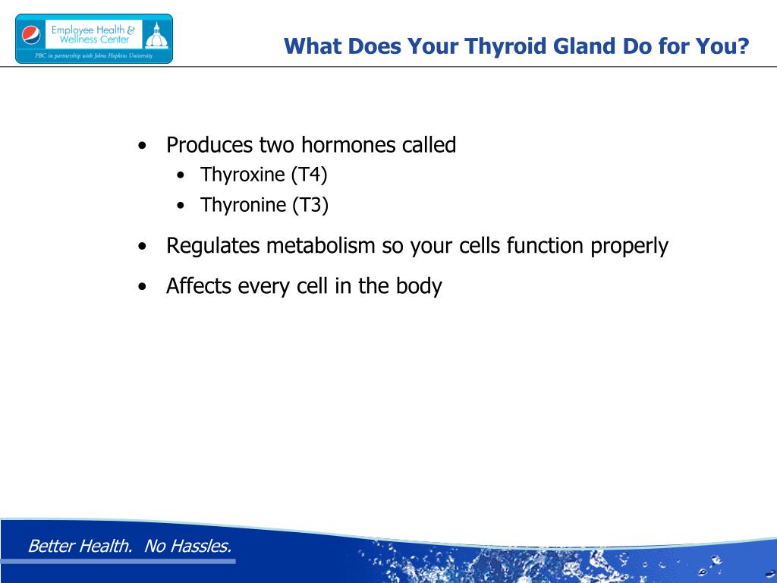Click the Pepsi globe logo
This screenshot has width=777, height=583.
click(31, 35)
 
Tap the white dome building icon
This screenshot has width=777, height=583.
click(156, 35)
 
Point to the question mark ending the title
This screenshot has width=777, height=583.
click(742, 46)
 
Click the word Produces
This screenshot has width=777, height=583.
click(209, 145)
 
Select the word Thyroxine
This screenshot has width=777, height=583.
click(242, 175)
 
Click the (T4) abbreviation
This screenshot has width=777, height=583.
click(310, 175)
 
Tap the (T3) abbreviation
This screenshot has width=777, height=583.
click(310, 205)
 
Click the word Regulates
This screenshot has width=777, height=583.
click(213, 246)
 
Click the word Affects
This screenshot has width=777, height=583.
click(199, 286)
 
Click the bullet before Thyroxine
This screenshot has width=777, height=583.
click(181, 175)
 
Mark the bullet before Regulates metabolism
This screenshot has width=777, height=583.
click(143, 246)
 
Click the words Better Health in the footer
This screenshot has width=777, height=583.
click(80, 546)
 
